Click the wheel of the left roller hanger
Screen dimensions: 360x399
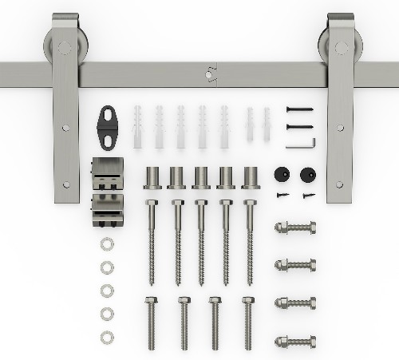58,45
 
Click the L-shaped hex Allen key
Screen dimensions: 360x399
302,142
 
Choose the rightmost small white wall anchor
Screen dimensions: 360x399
267,125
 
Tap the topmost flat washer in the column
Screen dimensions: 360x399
107,243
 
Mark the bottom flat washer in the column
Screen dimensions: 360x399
107,337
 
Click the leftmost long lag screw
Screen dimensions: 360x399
152,239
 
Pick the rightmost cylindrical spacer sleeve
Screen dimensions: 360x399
251,177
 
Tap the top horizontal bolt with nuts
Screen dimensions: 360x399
294,227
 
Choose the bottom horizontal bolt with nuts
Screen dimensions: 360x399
294,342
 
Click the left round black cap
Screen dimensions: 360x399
280,174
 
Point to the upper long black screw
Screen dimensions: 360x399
300,109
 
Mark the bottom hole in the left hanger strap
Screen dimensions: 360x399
66,184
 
